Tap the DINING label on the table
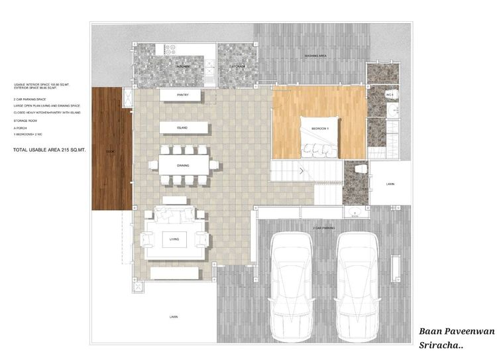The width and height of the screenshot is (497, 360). pos(184,165)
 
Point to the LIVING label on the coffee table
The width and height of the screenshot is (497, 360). pos(175,239)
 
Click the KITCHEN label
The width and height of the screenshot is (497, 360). pos(184,67)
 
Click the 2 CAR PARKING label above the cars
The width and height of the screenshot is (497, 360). pos(322,228)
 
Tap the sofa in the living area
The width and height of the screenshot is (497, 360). pos(175,215)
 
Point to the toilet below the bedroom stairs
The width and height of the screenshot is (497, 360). pos(361,170)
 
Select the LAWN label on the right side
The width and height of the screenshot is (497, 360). pos(390,184)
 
